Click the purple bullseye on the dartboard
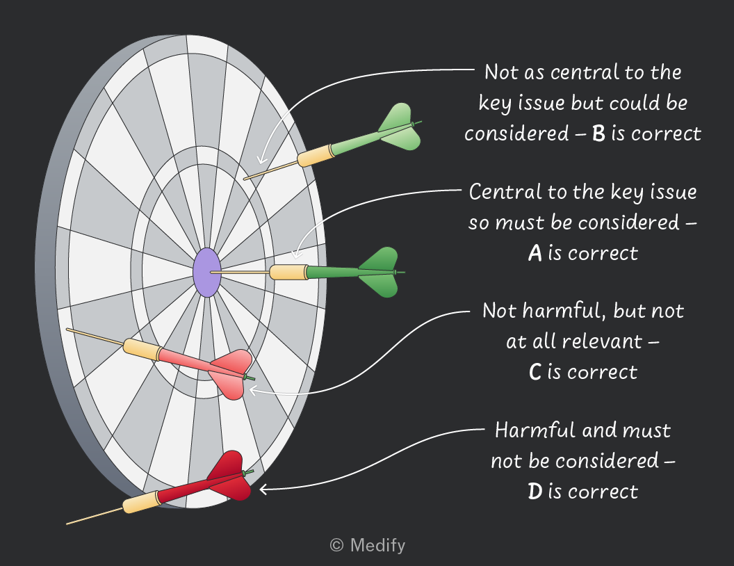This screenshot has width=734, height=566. pyautogui.click(x=207, y=273)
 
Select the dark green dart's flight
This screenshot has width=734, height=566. pyautogui.click(x=380, y=273)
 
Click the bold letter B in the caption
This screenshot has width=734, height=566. pyautogui.click(x=598, y=134)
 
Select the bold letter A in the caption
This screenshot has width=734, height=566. pyautogui.click(x=535, y=253)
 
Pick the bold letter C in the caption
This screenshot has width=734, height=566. pyautogui.click(x=535, y=373)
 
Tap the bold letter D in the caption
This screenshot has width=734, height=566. pyautogui.click(x=535, y=492)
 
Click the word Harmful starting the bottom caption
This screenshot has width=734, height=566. pyautogui.click(x=528, y=430)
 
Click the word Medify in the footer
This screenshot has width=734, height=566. pyautogui.click(x=377, y=545)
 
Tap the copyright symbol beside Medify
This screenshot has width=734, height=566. pyautogui.click(x=336, y=545)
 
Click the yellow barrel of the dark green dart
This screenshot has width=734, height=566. pyautogui.click(x=289, y=272)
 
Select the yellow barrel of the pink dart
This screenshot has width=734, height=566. pyautogui.click(x=142, y=350)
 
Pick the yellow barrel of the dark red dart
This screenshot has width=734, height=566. pyautogui.click(x=142, y=502)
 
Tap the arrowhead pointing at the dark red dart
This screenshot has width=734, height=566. pyautogui.click(x=263, y=490)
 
